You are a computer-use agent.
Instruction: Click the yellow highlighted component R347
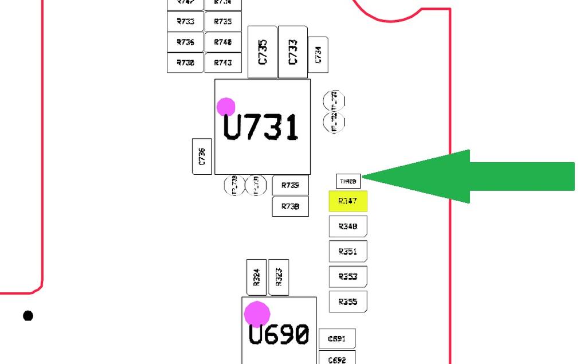point(347,201)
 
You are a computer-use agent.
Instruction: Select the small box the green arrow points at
point(348,181)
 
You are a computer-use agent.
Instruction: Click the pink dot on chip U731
point(226,107)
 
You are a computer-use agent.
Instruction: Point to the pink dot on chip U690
point(257,314)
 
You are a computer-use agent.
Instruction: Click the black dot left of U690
point(28,316)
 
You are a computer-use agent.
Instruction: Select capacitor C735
point(263,52)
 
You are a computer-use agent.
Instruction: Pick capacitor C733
point(292,52)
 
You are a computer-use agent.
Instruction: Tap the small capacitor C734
point(318,54)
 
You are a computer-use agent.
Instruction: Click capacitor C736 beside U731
point(201,156)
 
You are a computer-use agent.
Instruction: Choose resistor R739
point(291,185)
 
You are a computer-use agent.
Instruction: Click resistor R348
point(347,226)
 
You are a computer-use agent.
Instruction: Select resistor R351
point(347,252)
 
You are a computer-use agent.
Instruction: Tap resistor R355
point(347,302)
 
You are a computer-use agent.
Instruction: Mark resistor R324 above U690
point(257,278)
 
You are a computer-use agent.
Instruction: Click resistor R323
point(279,278)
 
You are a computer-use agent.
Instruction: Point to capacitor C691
point(336,339)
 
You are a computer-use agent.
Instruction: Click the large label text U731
point(261,128)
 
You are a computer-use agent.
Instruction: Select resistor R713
point(222,62)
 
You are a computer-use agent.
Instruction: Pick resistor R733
point(185,22)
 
